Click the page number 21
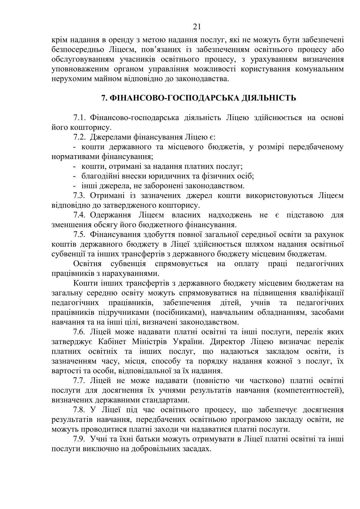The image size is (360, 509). click(197, 27)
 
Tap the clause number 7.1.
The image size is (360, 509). click(80, 117)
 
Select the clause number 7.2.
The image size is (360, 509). click(80, 137)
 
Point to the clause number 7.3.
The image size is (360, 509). click(80, 195)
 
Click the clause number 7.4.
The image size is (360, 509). click(80, 215)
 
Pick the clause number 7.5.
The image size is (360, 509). click(80, 234)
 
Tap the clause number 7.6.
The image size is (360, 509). click(80, 332)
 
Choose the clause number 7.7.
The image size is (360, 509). click(80, 380)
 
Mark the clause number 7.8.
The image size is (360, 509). click(80, 410)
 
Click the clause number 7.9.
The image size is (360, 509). click(80, 439)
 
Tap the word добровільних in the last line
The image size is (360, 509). click(156, 449)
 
